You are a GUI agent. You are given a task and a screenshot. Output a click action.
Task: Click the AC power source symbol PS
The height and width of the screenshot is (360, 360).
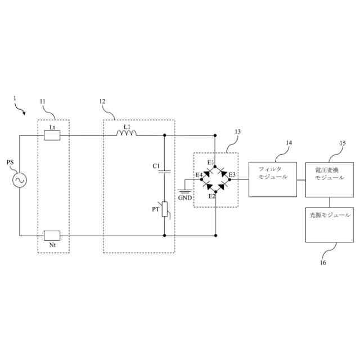pyautogui.click(x=20, y=180)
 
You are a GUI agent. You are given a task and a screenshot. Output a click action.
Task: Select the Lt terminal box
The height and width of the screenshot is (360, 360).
pyautogui.click(x=52, y=135)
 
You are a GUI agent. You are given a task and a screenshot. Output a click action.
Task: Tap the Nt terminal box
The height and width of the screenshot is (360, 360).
pyautogui.click(x=52, y=235)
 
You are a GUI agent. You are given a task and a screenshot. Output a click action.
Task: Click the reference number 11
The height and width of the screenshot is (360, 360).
pyautogui.click(x=43, y=101)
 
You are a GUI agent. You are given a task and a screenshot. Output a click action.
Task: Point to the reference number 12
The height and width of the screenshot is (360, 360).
pyautogui.click(x=102, y=101)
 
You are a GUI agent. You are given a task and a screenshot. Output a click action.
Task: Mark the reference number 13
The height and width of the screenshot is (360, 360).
pyautogui.click(x=237, y=132)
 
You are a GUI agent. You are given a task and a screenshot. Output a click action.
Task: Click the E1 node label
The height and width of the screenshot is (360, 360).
pyautogui.click(x=210, y=163)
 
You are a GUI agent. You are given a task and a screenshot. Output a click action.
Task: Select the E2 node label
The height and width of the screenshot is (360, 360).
pyautogui.click(x=211, y=196)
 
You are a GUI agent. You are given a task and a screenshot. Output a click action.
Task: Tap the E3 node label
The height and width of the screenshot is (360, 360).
pyautogui.click(x=231, y=175)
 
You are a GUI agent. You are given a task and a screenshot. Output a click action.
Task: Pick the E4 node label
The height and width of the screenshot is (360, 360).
pyautogui.click(x=199, y=175)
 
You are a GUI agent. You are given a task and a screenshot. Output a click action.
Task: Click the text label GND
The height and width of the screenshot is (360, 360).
pyautogui.click(x=184, y=199)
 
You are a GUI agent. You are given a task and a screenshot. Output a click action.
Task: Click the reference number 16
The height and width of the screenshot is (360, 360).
pyautogui.click(x=323, y=262)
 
